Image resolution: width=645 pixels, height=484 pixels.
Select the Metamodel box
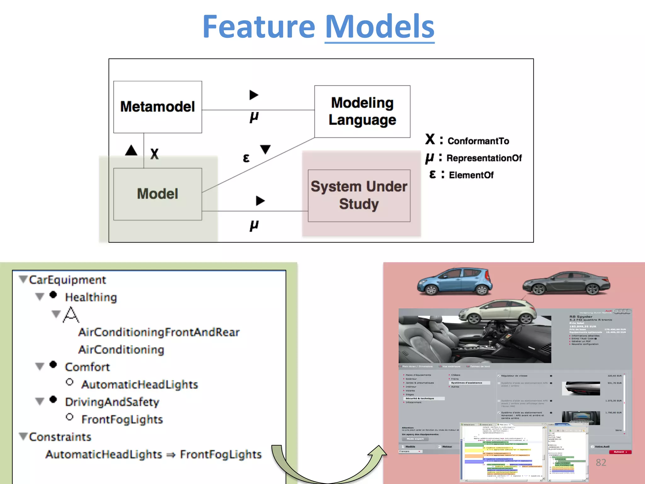tap(157, 107)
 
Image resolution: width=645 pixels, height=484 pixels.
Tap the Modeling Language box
tap(362, 112)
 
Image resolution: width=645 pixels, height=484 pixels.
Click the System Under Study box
tap(359, 195)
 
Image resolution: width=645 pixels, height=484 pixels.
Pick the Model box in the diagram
tap(157, 194)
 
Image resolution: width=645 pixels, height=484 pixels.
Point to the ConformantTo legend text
tap(478, 141)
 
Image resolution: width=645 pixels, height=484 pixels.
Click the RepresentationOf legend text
tap(484, 158)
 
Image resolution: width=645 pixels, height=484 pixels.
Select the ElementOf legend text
tap(471, 175)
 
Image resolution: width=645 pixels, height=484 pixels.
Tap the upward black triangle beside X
tap(131, 150)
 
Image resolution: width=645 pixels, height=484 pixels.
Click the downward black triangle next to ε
tap(265, 149)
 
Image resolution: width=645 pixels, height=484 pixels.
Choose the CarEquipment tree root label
tap(67, 280)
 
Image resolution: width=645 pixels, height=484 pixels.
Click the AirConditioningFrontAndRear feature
tap(159, 332)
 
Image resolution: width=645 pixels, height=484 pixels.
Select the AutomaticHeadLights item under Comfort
tap(140, 384)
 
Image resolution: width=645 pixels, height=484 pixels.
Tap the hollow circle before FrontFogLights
tap(70, 417)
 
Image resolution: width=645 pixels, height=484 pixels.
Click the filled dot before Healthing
tap(53, 295)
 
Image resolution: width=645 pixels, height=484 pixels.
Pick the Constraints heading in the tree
tap(60, 437)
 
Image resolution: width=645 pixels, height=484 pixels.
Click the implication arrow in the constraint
tap(171, 455)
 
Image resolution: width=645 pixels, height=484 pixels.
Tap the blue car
tap(454, 281)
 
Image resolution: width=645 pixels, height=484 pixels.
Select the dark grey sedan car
tap(566, 283)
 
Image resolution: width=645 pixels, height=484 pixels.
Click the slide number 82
tap(601, 462)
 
